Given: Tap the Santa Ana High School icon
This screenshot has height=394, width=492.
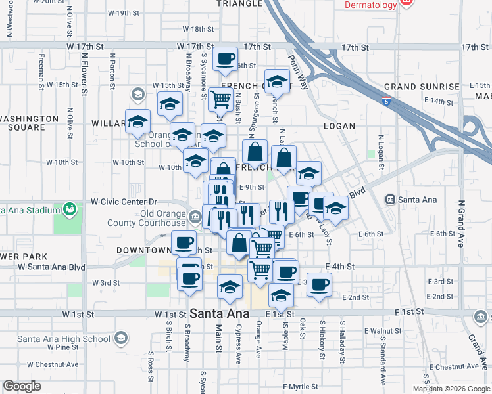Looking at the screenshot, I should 120,338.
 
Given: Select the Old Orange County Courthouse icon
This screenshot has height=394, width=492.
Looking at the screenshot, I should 195,217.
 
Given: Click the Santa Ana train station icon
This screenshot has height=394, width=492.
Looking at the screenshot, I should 390,198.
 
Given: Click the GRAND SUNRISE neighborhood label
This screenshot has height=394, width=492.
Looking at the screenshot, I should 422,87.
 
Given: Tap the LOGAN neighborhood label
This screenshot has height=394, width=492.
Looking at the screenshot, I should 339,126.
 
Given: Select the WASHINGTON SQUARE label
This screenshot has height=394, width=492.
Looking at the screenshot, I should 29,123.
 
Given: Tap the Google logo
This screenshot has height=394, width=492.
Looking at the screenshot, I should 22,386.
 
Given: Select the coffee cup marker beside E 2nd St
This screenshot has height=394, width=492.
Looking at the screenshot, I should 319,284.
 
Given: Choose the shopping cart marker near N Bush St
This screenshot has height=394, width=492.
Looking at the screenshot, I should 221,100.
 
